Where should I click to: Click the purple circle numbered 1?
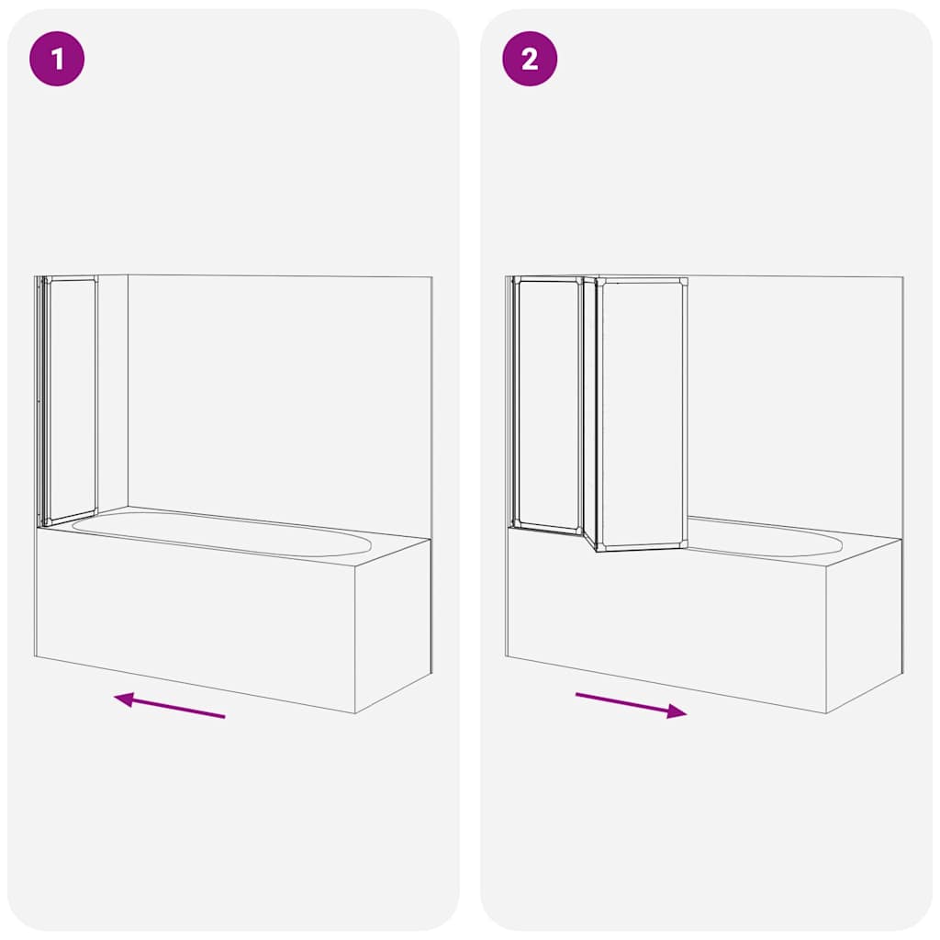point(58,60)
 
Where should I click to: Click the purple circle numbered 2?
point(530,60)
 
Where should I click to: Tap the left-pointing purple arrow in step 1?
point(169,705)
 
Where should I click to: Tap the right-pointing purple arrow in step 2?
point(632,705)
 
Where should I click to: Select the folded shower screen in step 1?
point(71,399)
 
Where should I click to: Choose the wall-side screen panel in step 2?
point(548,404)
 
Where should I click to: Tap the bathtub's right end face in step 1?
point(393,624)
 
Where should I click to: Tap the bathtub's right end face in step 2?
point(864,624)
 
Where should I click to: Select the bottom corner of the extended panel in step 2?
point(599,548)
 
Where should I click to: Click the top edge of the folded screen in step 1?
point(71,278)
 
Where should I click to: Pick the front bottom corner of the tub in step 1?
point(355,712)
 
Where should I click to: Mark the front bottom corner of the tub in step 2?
point(826,712)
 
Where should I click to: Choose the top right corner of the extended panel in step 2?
point(684,280)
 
